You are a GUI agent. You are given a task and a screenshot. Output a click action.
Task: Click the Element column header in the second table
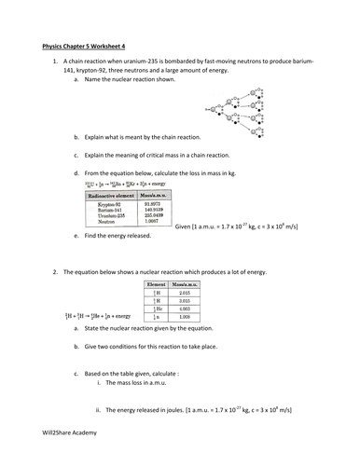click(x=156, y=283)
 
